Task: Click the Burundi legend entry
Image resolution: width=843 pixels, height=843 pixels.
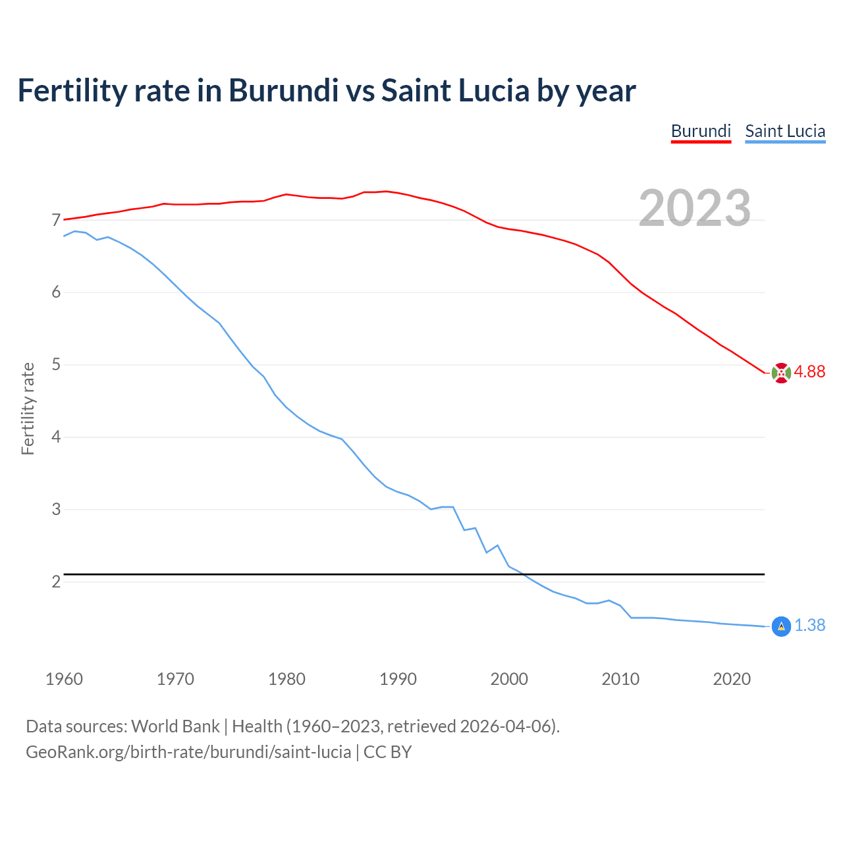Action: (x=701, y=131)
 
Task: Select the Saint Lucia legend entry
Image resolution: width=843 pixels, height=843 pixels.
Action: (x=785, y=131)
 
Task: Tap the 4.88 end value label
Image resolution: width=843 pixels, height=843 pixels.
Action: (x=809, y=372)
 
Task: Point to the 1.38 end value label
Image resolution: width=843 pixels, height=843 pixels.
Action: (x=809, y=626)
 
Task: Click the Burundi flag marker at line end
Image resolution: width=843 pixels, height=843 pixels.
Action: (x=780, y=373)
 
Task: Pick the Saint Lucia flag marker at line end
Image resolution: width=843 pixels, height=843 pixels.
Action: (x=780, y=626)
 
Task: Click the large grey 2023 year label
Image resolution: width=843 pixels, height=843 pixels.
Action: (x=695, y=208)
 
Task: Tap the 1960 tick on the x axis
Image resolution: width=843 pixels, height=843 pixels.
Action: (x=64, y=679)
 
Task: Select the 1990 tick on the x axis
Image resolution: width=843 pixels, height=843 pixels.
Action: (x=398, y=679)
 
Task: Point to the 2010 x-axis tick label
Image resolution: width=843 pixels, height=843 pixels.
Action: (x=620, y=679)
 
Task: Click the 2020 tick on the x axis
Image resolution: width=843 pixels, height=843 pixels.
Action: (x=732, y=679)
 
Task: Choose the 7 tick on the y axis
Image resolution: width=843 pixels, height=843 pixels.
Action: (x=56, y=220)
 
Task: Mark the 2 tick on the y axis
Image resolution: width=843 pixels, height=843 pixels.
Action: (x=56, y=582)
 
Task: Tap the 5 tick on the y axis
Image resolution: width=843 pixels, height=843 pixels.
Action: (x=56, y=364)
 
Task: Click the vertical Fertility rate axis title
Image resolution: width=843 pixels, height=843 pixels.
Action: (x=28, y=408)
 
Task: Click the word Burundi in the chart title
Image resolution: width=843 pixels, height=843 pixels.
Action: (x=283, y=91)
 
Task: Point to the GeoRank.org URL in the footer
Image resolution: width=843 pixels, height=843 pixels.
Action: (x=188, y=752)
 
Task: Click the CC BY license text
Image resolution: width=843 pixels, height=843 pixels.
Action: (x=387, y=752)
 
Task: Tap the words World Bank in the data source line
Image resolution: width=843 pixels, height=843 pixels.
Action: (x=175, y=726)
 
